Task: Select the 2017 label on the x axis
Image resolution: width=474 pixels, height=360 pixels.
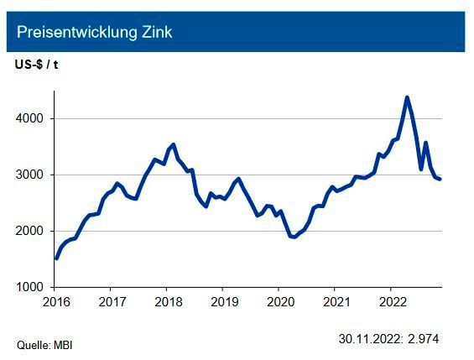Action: (x=112, y=300)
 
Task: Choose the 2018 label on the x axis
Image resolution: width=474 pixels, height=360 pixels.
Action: (x=168, y=300)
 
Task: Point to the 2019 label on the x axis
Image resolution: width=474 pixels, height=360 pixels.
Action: (x=223, y=300)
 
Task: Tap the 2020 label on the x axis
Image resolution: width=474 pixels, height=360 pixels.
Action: (x=279, y=300)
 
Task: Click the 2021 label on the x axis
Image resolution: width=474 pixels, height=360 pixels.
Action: (x=336, y=300)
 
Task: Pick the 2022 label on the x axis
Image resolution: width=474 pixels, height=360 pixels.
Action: (x=392, y=300)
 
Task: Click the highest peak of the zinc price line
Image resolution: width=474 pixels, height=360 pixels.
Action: (x=407, y=97)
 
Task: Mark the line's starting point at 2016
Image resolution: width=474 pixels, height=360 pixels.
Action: (x=56, y=258)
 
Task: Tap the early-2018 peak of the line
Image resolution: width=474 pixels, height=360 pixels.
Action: (x=172, y=144)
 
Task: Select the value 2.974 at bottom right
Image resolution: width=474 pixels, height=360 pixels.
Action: (x=424, y=339)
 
